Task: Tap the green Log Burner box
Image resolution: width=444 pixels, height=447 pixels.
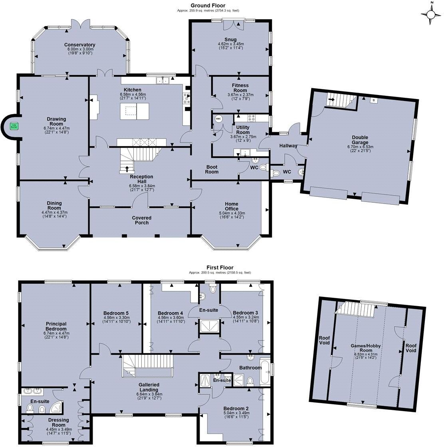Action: pos(14,126)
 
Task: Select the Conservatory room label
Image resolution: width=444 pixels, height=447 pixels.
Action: pos(81,45)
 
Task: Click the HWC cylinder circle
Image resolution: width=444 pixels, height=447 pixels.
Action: pos(218,119)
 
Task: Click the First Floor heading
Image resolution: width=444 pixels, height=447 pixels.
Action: pos(220,268)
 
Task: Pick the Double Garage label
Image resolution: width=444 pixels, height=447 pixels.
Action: pos(360,140)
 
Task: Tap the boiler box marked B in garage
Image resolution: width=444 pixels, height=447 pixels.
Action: pos(373,100)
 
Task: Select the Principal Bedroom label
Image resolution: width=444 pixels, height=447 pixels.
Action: pos(56,326)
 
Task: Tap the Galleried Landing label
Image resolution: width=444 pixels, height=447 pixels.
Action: pos(149,387)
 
